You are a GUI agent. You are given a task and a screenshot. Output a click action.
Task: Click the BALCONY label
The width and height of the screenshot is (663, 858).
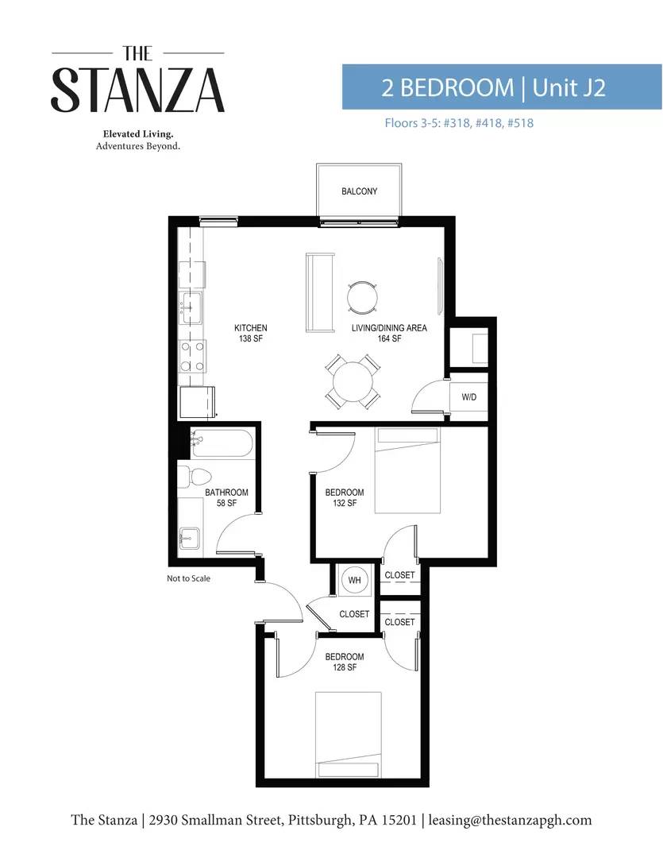(x=359, y=191)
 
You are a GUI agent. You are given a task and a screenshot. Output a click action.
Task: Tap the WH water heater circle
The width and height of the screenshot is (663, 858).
(x=354, y=580)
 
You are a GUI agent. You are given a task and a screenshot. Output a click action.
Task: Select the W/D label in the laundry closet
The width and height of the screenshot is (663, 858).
(x=468, y=396)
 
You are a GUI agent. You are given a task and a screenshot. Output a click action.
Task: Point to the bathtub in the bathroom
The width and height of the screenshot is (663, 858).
(x=222, y=443)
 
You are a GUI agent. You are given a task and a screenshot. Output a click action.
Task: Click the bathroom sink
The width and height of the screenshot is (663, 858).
(x=190, y=539)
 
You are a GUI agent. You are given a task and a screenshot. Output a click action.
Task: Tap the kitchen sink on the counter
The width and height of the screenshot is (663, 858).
(x=191, y=307)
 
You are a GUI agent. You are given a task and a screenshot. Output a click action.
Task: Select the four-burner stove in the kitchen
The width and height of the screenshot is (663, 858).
(x=193, y=356)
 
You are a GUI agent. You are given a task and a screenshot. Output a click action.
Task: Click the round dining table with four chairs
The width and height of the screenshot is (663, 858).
(x=353, y=381)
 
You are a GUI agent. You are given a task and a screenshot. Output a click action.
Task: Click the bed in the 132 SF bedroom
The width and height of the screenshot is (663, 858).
(x=407, y=470)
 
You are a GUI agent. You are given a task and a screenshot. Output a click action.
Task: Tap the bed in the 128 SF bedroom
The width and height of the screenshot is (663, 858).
(x=349, y=735)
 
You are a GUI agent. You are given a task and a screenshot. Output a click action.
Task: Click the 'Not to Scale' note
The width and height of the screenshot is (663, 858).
(x=188, y=578)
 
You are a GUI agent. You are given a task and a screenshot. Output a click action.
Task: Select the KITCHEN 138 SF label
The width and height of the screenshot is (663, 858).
(x=251, y=333)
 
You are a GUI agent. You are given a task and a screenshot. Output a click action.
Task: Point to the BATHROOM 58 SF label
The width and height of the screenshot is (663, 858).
(x=226, y=497)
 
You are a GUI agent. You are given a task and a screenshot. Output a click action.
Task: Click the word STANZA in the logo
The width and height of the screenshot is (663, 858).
(x=138, y=91)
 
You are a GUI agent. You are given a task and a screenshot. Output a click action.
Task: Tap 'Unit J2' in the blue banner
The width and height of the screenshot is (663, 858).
(x=569, y=87)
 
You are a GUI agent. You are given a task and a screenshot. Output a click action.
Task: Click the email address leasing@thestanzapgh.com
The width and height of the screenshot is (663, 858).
(x=510, y=820)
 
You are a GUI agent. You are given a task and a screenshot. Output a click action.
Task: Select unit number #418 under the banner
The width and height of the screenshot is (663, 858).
(x=488, y=122)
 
